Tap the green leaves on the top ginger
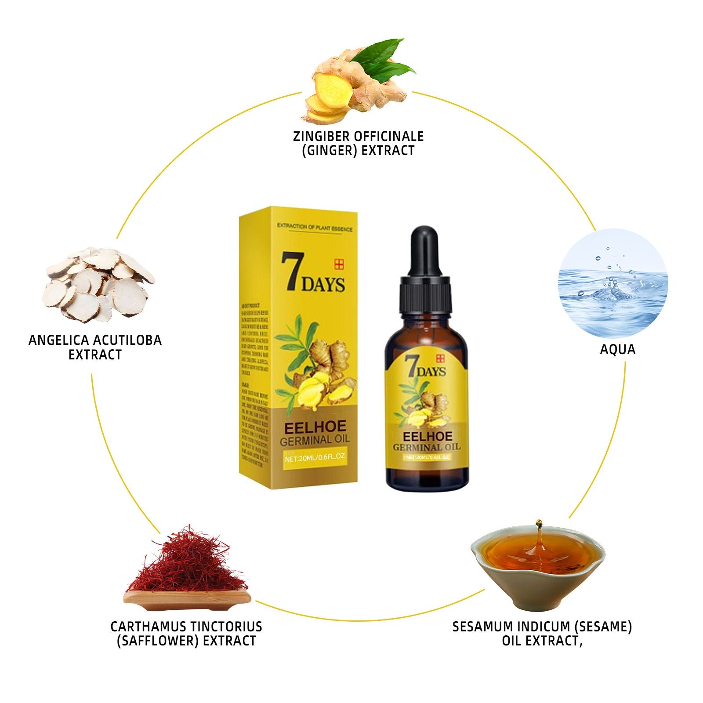click(x=387, y=57)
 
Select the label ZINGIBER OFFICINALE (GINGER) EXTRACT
click(x=358, y=143)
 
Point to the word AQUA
click(x=618, y=350)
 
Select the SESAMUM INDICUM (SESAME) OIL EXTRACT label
click(x=542, y=634)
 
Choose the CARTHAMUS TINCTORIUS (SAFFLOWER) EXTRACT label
click(x=186, y=634)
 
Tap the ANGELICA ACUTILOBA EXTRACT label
click(x=95, y=347)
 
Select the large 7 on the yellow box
click(x=290, y=272)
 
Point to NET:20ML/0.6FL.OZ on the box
click(x=315, y=457)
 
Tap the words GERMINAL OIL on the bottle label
click(x=426, y=447)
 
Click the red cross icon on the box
click(x=338, y=264)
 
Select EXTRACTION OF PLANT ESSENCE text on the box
click(x=315, y=227)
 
